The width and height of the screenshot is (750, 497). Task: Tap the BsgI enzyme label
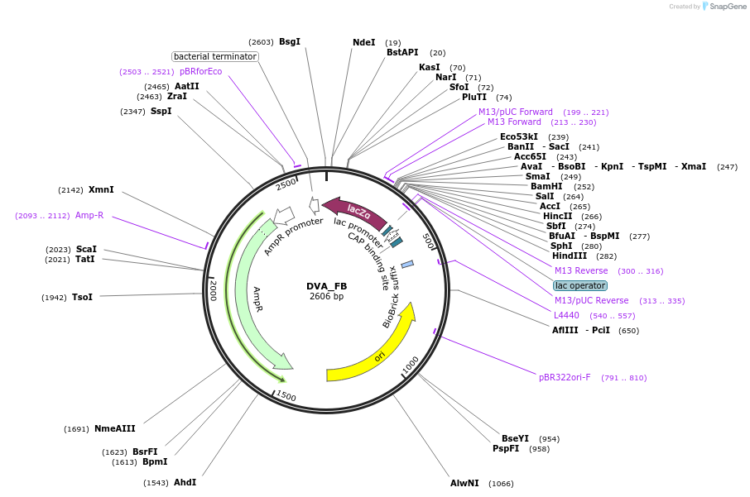(x=290, y=41)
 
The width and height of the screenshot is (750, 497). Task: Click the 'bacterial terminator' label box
(x=215, y=56)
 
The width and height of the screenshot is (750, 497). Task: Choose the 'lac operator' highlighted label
(x=579, y=285)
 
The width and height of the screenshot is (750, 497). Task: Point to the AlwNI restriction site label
(x=464, y=483)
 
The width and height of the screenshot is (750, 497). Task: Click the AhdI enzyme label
(x=185, y=482)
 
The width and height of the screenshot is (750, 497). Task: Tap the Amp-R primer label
(x=89, y=215)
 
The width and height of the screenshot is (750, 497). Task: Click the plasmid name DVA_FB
(x=327, y=286)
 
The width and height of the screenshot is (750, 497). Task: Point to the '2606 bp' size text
(x=327, y=296)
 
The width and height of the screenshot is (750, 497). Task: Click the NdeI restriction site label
(x=363, y=42)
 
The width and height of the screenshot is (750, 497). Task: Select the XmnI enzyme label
(x=101, y=189)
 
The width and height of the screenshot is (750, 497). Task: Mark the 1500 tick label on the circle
(x=286, y=396)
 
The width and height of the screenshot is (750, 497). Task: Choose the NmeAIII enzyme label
(x=115, y=428)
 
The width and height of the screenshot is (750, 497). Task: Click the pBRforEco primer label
(x=200, y=71)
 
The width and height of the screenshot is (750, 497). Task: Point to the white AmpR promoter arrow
(x=284, y=216)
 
